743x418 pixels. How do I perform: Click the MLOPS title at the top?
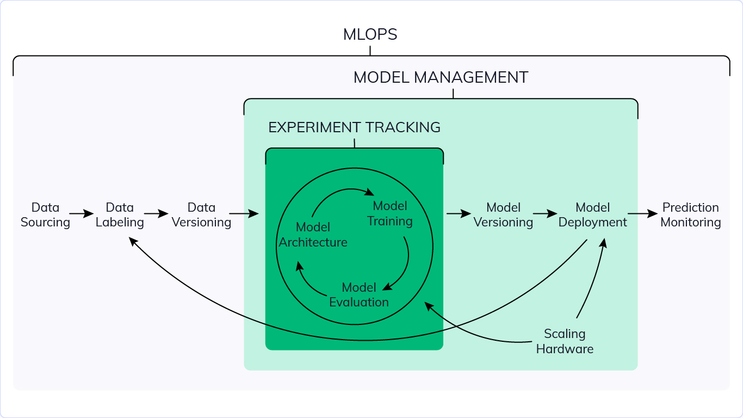click(x=370, y=35)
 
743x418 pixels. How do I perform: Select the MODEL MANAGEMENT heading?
click(x=441, y=77)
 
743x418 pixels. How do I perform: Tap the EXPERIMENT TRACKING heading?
click(x=354, y=127)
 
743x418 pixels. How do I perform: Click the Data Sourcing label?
click(x=45, y=215)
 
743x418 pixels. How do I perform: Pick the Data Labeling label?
click(x=120, y=215)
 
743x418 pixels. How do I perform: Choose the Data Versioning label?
click(x=201, y=215)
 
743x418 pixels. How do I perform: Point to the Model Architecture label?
click(x=313, y=235)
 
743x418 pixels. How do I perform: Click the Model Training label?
click(x=390, y=213)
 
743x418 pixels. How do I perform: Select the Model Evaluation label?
click(x=359, y=294)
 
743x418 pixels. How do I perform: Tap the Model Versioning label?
click(x=503, y=215)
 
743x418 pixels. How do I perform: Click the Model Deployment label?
click(x=592, y=215)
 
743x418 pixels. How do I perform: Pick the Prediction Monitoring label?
click(x=690, y=215)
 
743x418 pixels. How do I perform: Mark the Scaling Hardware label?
click(x=565, y=341)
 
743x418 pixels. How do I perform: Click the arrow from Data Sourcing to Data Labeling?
click(x=82, y=214)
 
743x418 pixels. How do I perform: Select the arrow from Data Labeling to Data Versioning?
click(x=156, y=214)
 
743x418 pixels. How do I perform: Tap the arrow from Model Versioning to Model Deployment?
click(x=545, y=214)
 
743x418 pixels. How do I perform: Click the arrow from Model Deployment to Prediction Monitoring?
click(x=642, y=214)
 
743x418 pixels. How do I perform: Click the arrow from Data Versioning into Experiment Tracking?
click(x=244, y=214)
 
